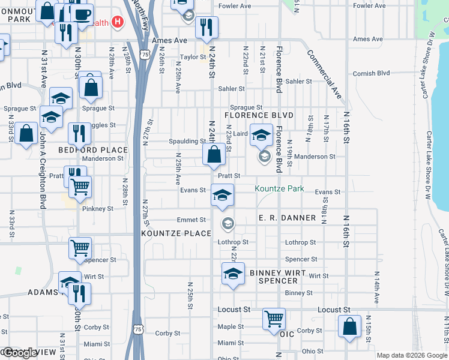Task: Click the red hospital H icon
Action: (118, 23)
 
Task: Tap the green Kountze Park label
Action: (279, 188)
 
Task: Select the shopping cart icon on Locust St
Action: (274, 318)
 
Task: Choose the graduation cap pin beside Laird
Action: (261, 135)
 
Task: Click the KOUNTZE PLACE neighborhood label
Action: (176, 233)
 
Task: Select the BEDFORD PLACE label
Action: (92, 150)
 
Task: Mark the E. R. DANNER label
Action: (287, 218)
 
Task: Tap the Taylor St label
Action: (193, 58)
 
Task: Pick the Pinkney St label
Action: (97, 209)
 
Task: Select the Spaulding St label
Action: (187, 142)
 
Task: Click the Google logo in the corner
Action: (20, 353)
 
